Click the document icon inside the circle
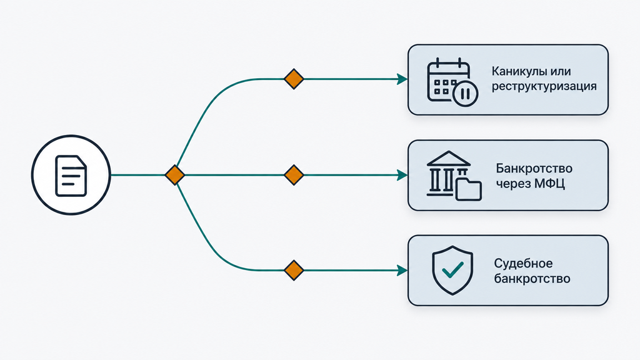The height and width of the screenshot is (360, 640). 71,176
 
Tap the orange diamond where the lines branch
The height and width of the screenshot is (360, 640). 175,175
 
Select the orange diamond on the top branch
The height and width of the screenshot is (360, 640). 294,79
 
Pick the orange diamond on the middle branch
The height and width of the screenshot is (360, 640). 294,175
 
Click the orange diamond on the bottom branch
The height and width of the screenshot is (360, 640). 294,270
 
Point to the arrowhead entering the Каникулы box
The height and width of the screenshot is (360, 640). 402,79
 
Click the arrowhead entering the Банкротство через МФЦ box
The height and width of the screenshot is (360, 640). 402,175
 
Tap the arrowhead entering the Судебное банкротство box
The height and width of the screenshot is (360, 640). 402,270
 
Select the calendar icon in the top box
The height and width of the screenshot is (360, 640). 452,82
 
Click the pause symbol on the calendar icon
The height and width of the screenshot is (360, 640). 465,94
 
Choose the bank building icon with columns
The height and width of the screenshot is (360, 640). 449,174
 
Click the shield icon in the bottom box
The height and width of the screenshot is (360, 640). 452,270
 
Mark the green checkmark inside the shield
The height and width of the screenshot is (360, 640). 452,270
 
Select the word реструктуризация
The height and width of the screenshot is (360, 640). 544,86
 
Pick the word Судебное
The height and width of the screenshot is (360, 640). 523,263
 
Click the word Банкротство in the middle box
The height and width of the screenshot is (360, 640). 534,168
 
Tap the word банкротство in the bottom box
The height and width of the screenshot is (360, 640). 532,279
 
